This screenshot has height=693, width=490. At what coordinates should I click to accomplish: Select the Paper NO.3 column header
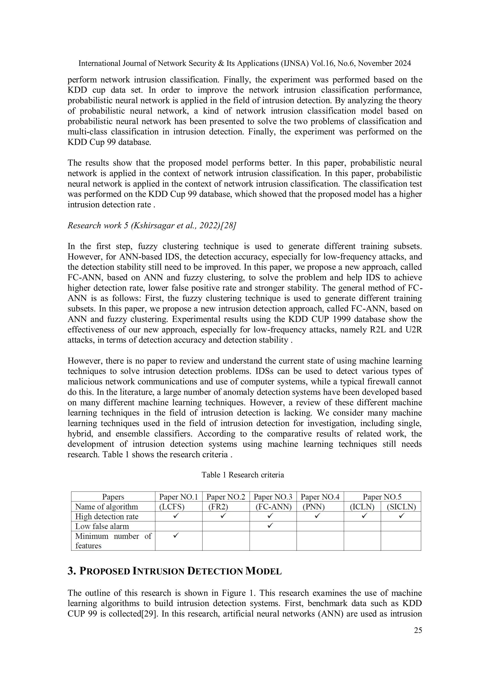point(273,497)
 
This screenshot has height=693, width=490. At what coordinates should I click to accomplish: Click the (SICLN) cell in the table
point(401,507)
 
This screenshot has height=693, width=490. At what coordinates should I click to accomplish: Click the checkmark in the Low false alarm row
point(270,525)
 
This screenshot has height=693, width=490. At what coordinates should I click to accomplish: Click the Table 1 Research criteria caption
point(243,475)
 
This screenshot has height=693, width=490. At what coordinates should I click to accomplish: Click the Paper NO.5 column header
point(382,497)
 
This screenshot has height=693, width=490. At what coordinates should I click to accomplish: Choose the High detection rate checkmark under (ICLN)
point(364,516)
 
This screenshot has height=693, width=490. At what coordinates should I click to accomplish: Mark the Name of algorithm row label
point(106,507)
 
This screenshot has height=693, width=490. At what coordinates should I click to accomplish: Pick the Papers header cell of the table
point(113,497)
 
